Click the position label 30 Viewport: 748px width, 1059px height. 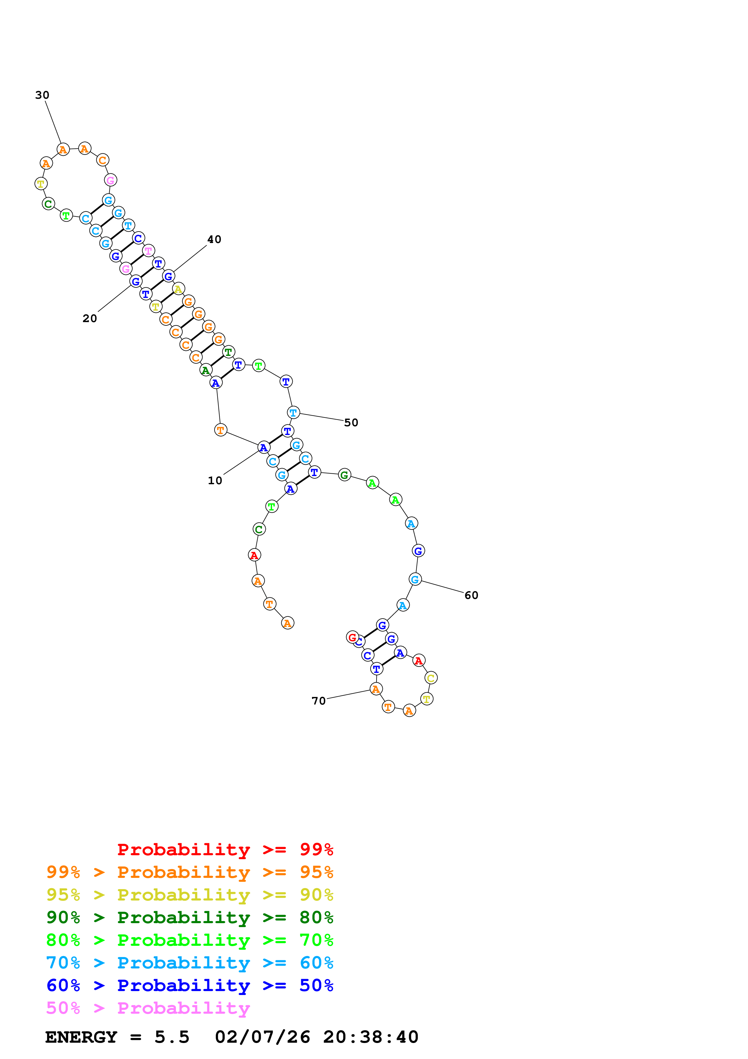tap(42, 95)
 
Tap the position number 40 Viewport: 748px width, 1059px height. tap(214, 239)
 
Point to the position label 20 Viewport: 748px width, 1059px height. tap(90, 318)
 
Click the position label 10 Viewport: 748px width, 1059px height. tap(215, 480)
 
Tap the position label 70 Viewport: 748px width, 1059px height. tap(318, 701)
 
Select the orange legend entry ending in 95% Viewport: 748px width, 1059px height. tap(189, 872)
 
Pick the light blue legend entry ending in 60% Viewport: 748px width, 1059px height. tap(189, 963)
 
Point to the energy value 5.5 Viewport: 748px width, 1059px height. tap(172, 1037)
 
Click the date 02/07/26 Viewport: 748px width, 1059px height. tap(262, 1037)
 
